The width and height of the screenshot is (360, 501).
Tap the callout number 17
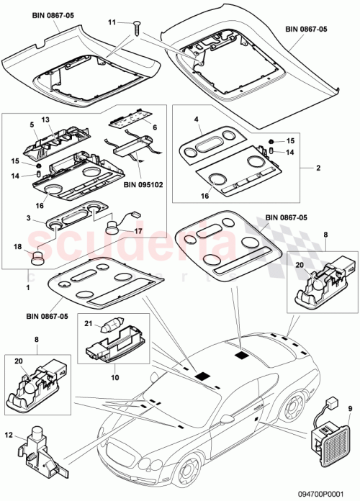(138, 231)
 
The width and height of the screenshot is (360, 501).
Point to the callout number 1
(29, 286)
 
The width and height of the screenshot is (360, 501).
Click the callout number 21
(89, 324)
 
